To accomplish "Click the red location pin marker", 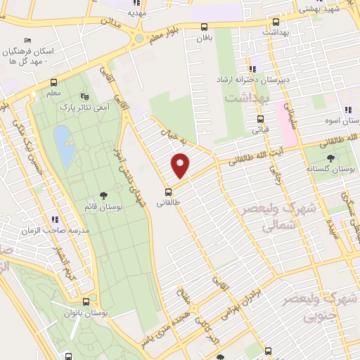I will coord(181,165).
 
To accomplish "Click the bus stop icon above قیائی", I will coord(256,118).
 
